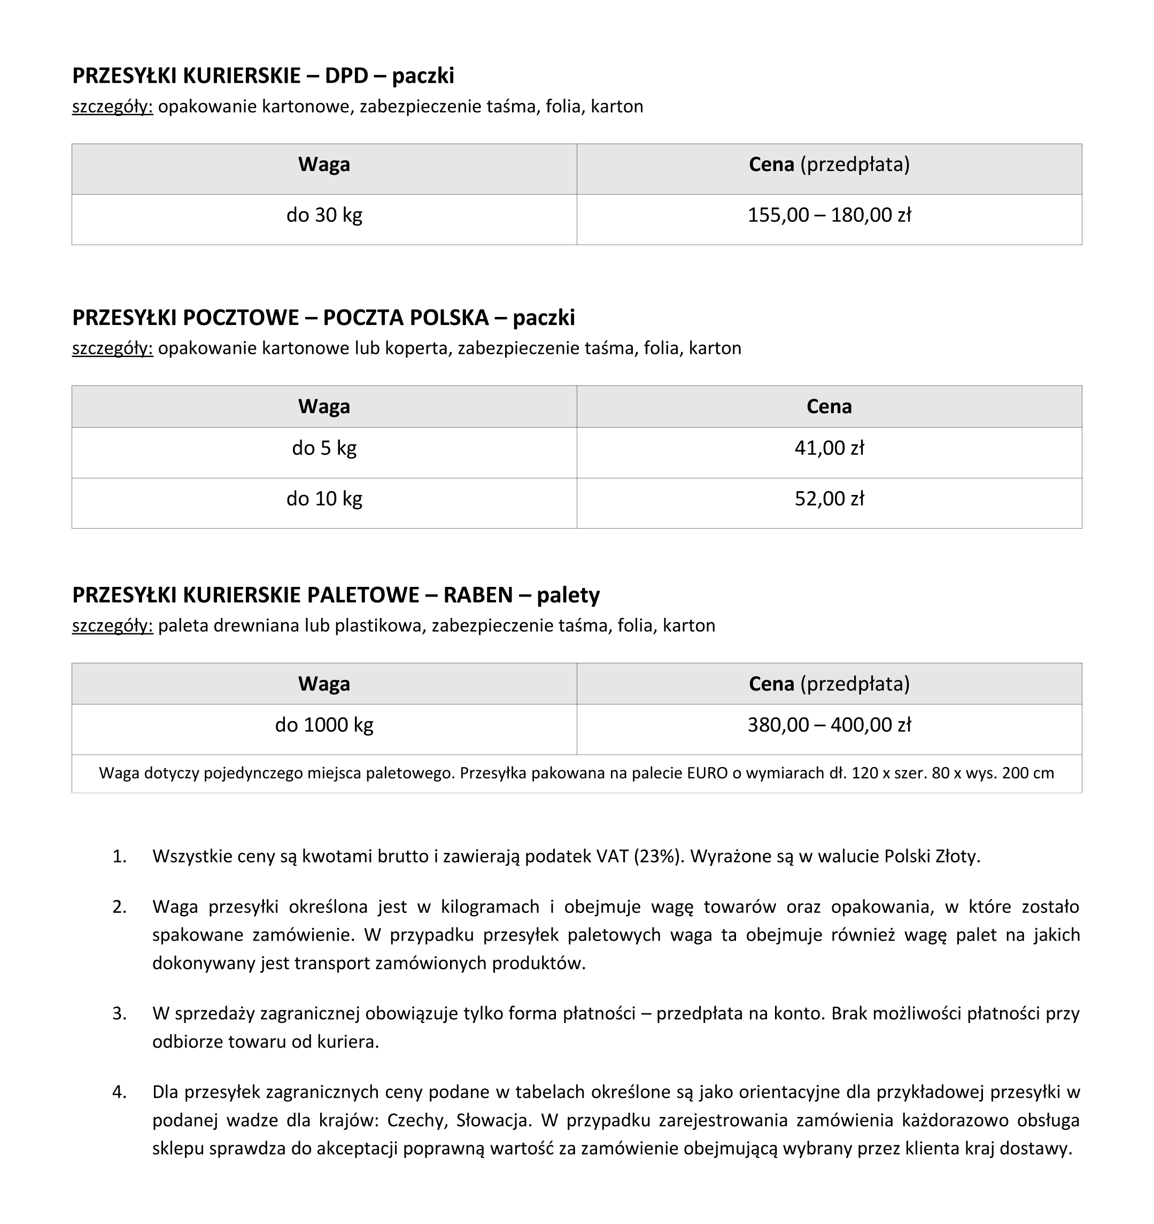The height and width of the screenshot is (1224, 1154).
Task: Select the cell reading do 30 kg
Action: (324, 215)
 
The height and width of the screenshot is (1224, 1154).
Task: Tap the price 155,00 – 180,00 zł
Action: (829, 215)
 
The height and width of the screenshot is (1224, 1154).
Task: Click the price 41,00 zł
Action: (829, 448)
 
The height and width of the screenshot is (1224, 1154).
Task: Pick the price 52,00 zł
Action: (829, 499)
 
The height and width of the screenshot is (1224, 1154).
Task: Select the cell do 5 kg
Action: (324, 448)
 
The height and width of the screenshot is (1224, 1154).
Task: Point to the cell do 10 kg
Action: (324, 499)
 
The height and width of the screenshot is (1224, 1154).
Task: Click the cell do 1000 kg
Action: (324, 725)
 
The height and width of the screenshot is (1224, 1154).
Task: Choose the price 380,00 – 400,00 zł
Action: (829, 725)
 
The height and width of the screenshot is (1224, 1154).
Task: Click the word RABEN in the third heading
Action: (478, 595)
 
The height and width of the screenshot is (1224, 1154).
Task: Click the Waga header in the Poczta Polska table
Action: (324, 407)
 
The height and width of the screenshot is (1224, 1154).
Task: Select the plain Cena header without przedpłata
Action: (829, 407)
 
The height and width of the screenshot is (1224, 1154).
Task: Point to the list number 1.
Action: (120, 856)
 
